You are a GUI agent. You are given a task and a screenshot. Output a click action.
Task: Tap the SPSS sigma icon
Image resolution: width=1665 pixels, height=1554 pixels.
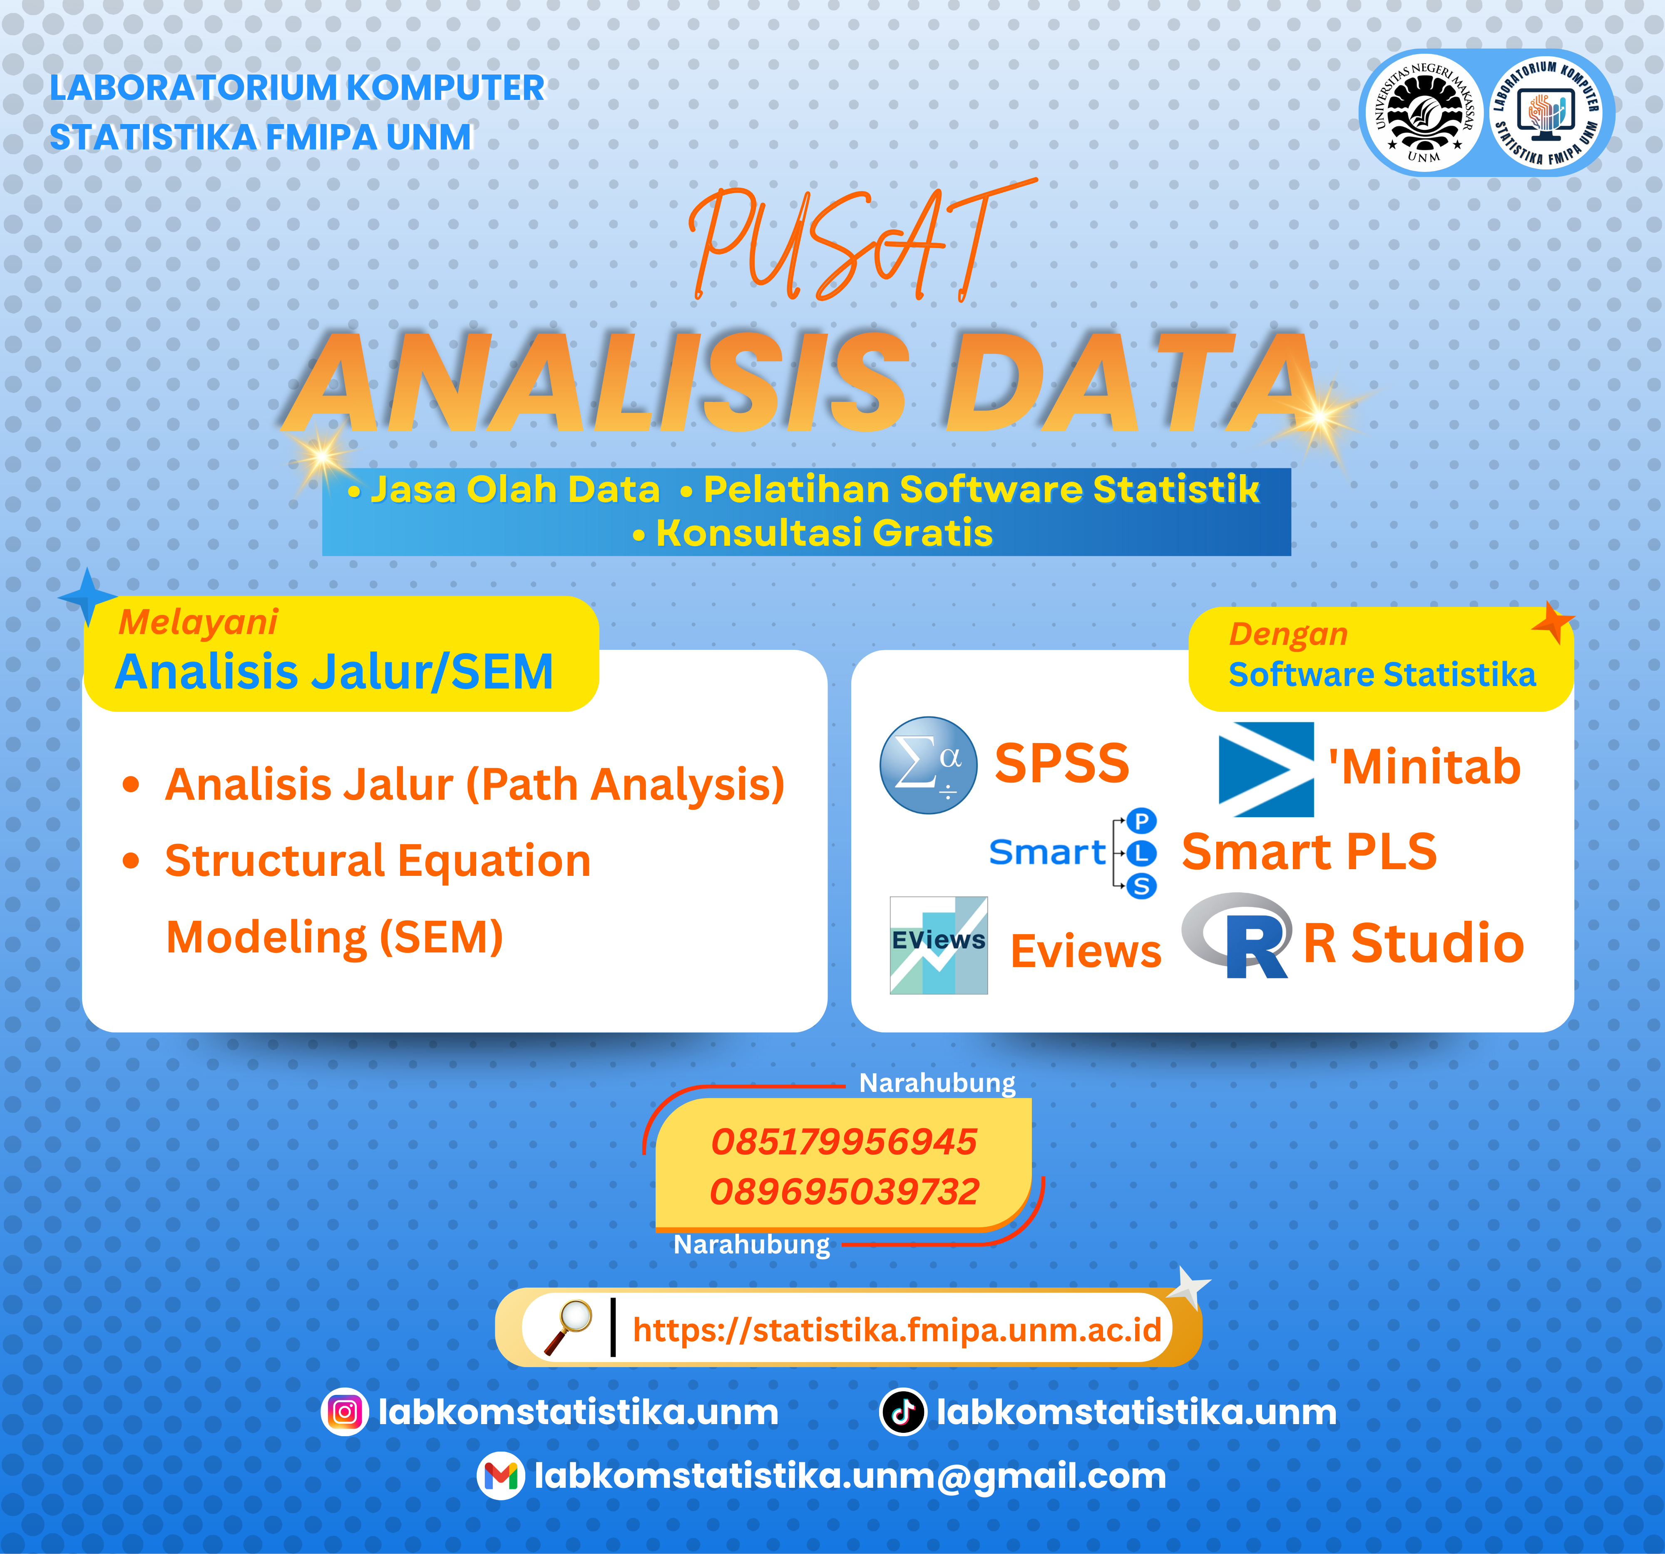pos(928,765)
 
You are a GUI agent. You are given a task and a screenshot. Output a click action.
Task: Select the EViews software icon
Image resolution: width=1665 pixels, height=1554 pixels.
pos(938,945)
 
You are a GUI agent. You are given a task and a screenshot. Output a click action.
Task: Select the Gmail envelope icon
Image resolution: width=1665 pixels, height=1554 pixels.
pos(500,1476)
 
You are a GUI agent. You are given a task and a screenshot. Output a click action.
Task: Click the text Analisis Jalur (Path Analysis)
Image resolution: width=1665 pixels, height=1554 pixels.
pos(475,785)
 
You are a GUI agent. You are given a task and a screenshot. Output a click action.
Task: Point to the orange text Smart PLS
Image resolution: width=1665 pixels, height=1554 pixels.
pos(1308,852)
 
